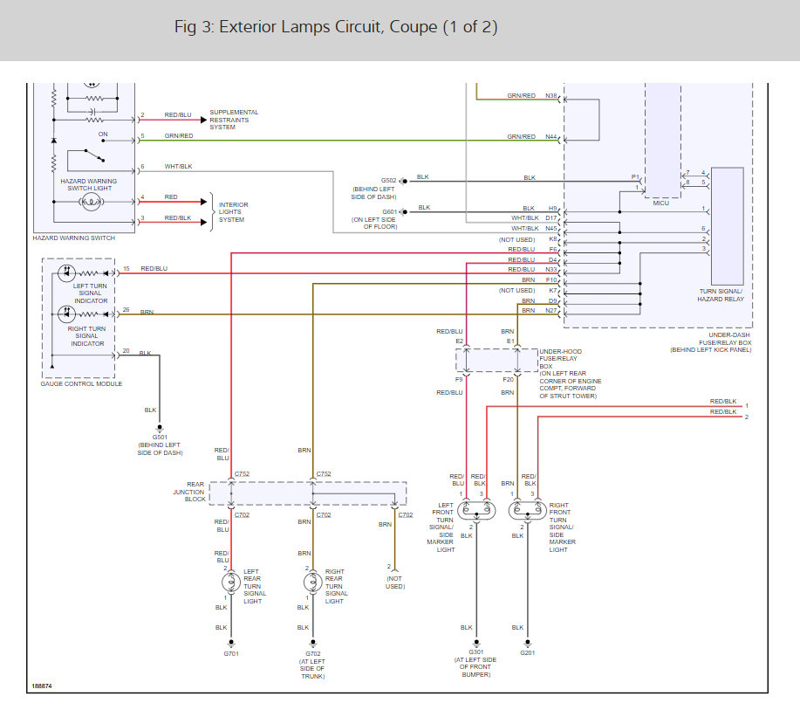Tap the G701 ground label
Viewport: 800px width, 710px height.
(231, 654)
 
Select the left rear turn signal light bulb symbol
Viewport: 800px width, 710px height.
(231, 582)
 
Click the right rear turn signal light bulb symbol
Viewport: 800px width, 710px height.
(312, 582)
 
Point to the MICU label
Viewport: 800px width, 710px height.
(660, 203)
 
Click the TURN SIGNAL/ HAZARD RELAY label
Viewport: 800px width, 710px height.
(721, 295)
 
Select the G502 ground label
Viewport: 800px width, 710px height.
(389, 180)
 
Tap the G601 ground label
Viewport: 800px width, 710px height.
(390, 211)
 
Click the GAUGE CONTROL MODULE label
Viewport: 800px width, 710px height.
(81, 383)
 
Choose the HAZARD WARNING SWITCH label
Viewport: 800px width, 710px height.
(74, 238)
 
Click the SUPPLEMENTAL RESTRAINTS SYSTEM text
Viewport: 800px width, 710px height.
(234, 120)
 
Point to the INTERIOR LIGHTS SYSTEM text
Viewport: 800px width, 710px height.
(233, 212)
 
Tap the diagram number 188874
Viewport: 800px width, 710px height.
(42, 686)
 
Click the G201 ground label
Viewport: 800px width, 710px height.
(528, 652)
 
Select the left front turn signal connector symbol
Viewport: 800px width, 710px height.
(476, 510)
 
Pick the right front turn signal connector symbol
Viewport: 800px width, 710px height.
(528, 510)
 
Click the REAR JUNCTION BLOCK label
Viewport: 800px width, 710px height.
(189, 492)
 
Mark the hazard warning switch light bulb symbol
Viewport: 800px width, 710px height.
(92, 202)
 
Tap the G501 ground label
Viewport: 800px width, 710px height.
(160, 438)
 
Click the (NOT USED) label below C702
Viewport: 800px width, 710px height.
(395, 582)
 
